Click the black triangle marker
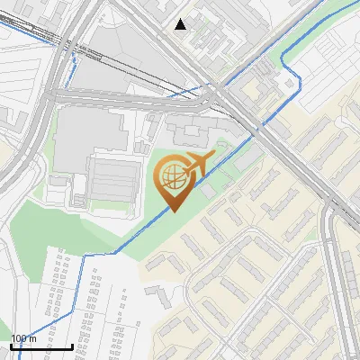[181, 24]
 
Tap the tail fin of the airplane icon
[187, 164]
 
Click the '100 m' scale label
[24, 338]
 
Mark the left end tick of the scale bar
[11, 346]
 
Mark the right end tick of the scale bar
[72, 346]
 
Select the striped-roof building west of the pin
[111, 179]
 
